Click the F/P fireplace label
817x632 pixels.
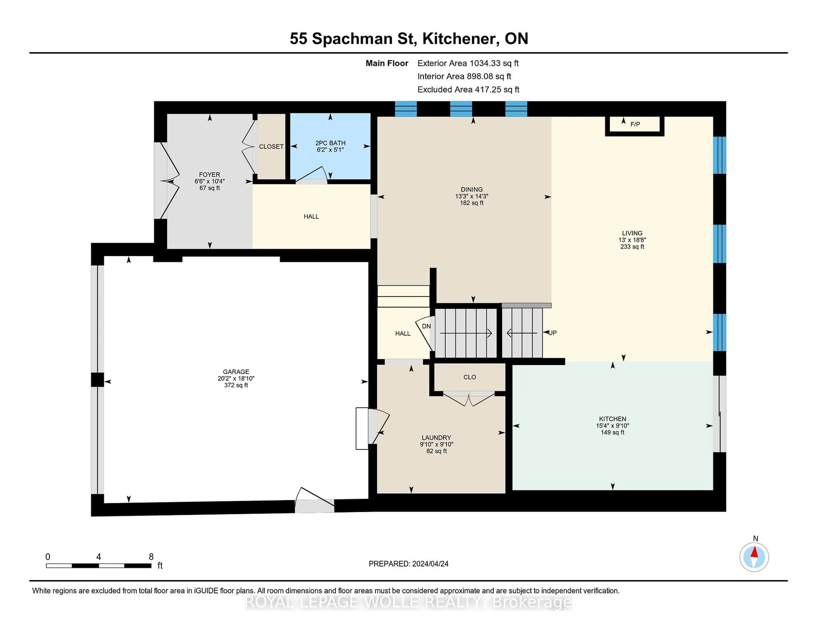coord(635,124)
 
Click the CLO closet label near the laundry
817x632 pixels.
coord(470,377)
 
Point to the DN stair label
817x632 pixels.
coord(426,326)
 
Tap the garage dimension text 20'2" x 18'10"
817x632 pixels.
coord(236,379)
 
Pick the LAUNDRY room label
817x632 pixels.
coord(436,438)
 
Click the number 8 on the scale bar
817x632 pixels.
coord(151,557)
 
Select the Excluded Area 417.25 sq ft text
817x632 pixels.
coord(468,89)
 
